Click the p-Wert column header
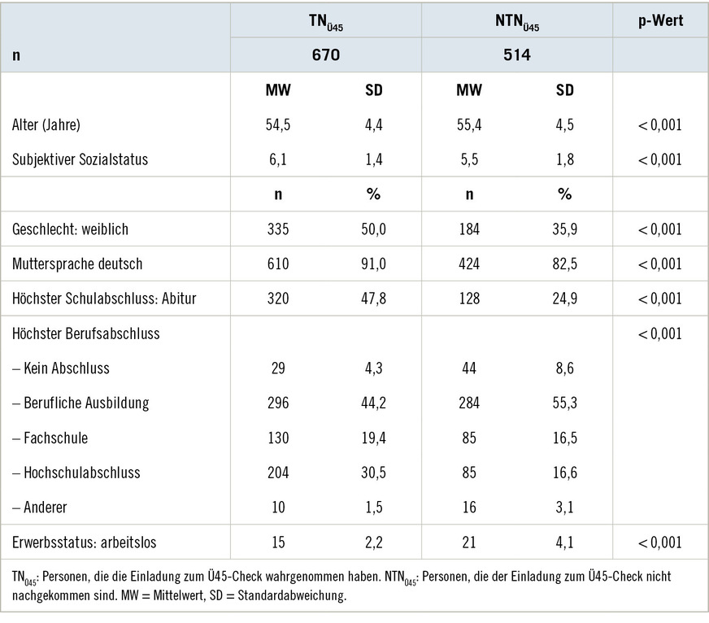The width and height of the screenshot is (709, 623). (x=659, y=21)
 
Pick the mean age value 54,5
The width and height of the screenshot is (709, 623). (x=278, y=125)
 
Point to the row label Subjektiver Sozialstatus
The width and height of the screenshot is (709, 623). (x=80, y=159)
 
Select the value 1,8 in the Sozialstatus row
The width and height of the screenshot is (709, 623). (x=564, y=159)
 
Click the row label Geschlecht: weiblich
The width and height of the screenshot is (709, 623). (x=70, y=229)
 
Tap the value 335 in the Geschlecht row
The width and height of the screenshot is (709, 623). (x=278, y=229)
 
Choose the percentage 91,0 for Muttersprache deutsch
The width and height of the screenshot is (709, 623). (x=374, y=264)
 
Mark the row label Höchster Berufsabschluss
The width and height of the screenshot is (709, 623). (x=86, y=333)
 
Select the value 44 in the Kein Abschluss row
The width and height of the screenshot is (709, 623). (x=469, y=368)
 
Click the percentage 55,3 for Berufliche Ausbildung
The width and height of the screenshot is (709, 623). (x=564, y=403)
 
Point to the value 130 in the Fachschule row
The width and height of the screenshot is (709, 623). (x=278, y=438)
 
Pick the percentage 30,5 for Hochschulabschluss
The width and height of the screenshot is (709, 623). (x=374, y=473)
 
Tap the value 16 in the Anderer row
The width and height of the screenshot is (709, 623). (x=469, y=508)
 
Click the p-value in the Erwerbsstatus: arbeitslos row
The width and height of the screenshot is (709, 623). (x=659, y=542)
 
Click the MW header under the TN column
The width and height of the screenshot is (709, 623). (x=278, y=90)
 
